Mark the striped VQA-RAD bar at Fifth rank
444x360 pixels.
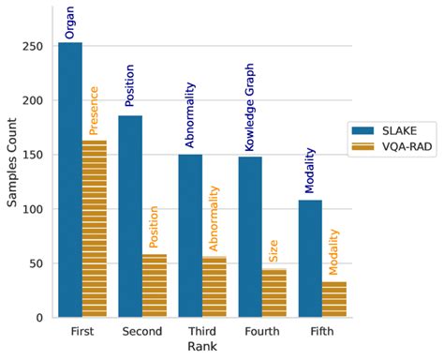coord(334,299)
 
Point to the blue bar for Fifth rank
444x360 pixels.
coord(310,259)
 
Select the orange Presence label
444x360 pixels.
coord(94,111)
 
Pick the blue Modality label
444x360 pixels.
coord(310,169)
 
